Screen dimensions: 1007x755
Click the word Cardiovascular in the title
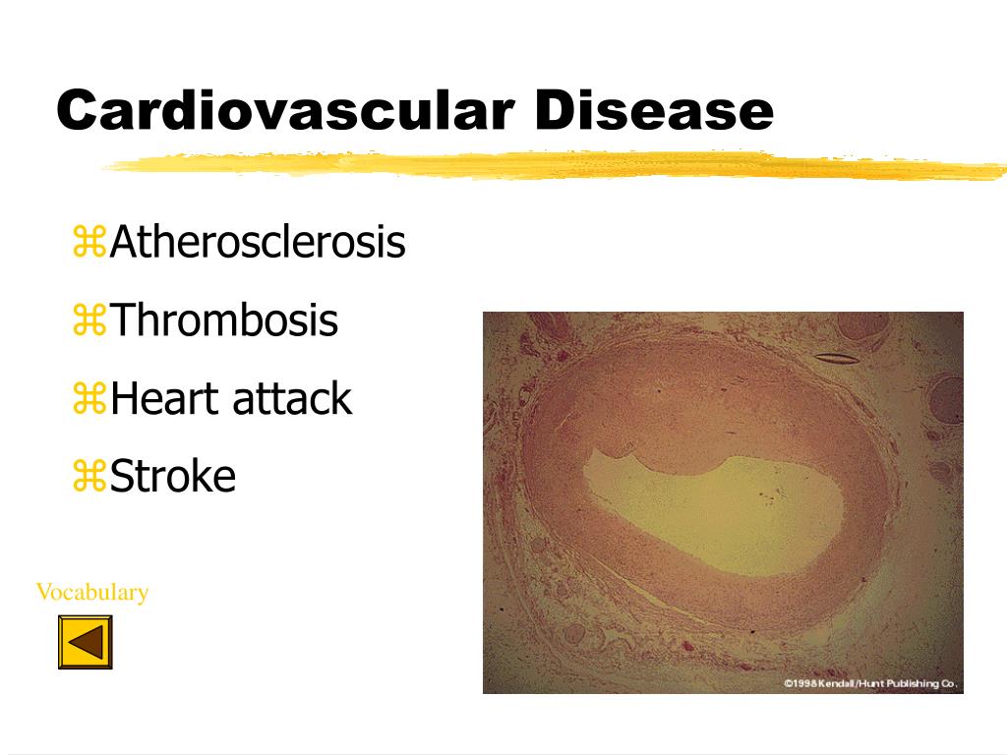click(285, 110)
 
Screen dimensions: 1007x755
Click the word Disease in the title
click(654, 110)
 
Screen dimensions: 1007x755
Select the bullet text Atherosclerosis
click(258, 242)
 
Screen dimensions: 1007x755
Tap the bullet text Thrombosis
click(224, 319)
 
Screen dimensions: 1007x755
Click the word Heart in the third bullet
click(165, 399)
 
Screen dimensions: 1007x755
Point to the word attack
click(291, 399)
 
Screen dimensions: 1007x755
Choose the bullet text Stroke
click(173, 477)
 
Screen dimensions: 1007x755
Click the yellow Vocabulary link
click(92, 592)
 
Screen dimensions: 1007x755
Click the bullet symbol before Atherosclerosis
click(89, 242)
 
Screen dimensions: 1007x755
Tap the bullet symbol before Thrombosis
click(89, 319)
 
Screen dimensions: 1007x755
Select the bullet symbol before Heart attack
click(89, 399)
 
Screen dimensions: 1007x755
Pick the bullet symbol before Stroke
click(89, 477)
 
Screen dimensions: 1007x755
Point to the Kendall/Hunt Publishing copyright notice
click(870, 684)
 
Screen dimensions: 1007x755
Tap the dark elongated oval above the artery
click(837, 358)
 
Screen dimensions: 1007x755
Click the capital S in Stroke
click(121, 477)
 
